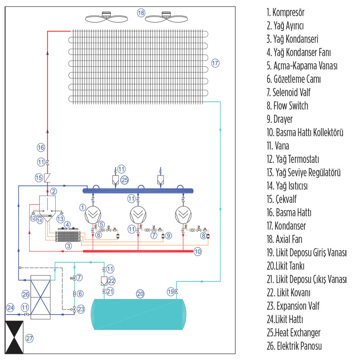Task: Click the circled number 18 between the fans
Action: (x=141, y=13)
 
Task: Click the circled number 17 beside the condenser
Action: (x=215, y=63)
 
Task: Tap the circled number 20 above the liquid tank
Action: (x=140, y=293)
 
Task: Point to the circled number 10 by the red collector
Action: (x=197, y=250)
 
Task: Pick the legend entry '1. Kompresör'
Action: (x=285, y=13)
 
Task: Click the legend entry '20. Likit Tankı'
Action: (x=288, y=266)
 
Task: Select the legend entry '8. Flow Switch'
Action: (x=287, y=106)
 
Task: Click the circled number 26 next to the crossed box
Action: (x=26, y=294)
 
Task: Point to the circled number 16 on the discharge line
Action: (x=41, y=147)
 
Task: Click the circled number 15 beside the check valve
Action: (x=38, y=177)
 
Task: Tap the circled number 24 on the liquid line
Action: (x=10, y=307)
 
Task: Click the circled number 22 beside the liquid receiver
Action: (x=112, y=281)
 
